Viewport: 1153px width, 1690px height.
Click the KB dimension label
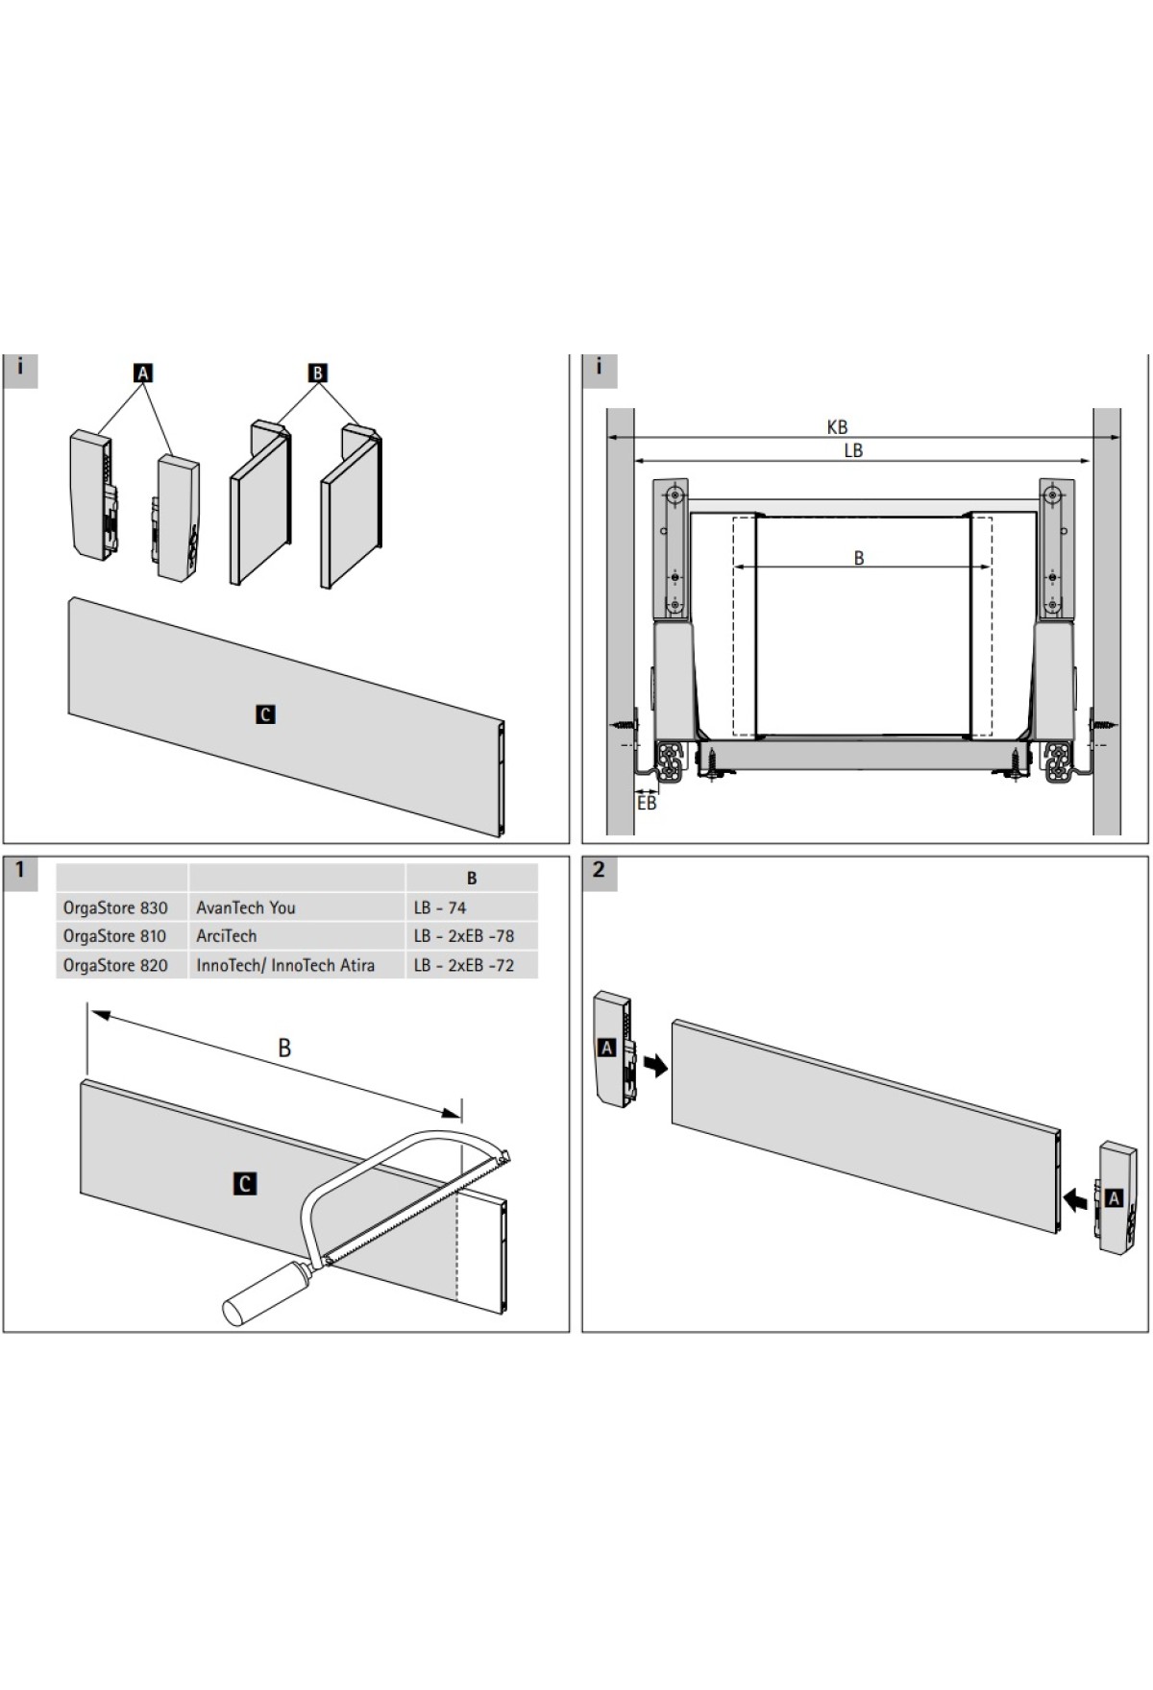(x=837, y=426)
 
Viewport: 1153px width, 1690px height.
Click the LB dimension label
(x=853, y=449)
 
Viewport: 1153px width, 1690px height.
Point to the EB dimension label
(x=647, y=802)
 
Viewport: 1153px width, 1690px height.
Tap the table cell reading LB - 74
(x=440, y=907)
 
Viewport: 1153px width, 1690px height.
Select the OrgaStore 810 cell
(x=114, y=936)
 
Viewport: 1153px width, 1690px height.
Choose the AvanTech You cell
(x=246, y=907)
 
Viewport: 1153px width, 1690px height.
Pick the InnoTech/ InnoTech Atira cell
(x=285, y=965)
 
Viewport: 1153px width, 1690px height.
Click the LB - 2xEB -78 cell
(x=464, y=936)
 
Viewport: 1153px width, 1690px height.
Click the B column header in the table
(x=472, y=878)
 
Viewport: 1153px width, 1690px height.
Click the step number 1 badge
(x=20, y=870)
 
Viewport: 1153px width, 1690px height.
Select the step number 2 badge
(x=599, y=870)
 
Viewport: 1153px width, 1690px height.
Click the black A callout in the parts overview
(x=143, y=373)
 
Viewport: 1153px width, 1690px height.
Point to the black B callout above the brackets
(x=318, y=373)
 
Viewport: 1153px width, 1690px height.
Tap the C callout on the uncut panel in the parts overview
(x=265, y=714)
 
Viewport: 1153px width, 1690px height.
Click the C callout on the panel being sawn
(x=245, y=1184)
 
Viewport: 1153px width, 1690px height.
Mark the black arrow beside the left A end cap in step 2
(x=656, y=1065)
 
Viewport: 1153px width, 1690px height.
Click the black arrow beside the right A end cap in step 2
(x=1077, y=1199)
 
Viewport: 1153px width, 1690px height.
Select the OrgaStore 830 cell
(x=115, y=907)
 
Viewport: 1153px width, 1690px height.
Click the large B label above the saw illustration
(x=284, y=1048)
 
